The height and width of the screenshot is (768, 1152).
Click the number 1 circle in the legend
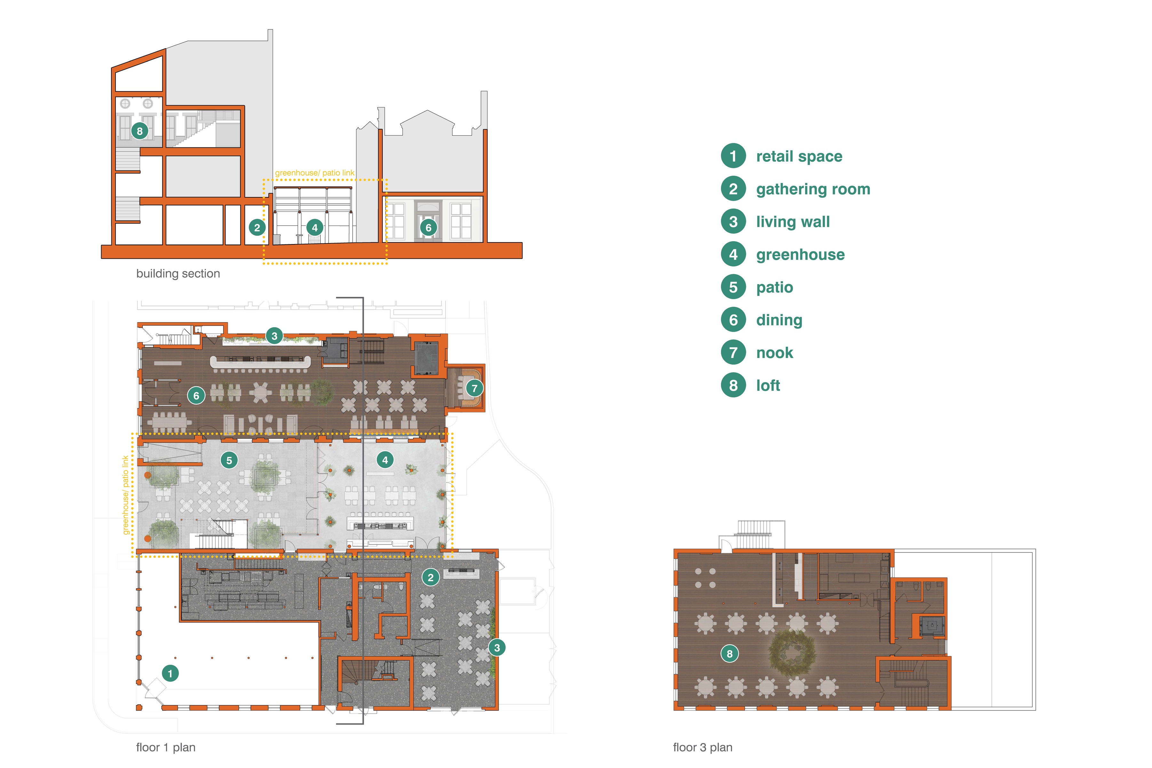click(733, 156)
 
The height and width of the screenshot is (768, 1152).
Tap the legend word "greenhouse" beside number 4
click(800, 255)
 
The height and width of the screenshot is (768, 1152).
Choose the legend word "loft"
click(768, 385)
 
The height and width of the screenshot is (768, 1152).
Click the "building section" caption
click(178, 273)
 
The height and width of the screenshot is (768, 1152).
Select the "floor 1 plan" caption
click(166, 748)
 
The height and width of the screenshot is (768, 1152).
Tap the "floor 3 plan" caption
click(703, 748)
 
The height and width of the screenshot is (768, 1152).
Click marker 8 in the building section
click(140, 131)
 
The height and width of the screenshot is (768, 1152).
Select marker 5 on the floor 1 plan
click(229, 460)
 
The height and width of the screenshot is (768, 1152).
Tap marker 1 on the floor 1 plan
click(170, 673)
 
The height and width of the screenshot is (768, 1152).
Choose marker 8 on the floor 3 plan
click(729, 653)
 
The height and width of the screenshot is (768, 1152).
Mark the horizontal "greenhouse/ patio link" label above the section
click(315, 173)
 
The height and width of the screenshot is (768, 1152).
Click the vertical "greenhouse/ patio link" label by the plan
click(125, 495)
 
